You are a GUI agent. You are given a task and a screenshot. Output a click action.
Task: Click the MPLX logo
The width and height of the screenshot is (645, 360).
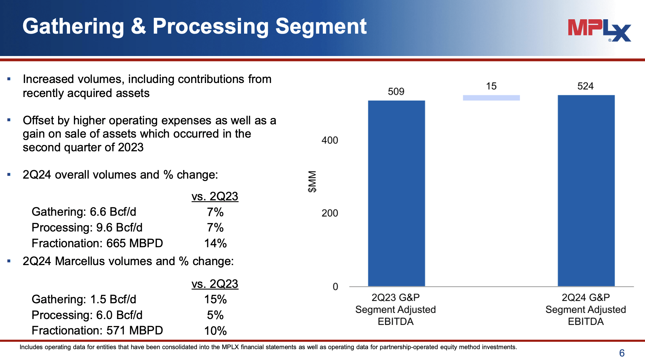point(599,30)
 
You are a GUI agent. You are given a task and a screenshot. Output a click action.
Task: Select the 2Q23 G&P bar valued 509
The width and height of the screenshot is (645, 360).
point(396,193)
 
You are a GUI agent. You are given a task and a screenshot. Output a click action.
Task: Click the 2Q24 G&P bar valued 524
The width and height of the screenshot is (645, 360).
point(586,191)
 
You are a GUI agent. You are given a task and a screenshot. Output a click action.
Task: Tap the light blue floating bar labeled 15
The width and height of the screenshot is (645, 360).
point(491,98)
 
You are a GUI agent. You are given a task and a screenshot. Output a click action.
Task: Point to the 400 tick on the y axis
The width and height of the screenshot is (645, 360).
point(330,140)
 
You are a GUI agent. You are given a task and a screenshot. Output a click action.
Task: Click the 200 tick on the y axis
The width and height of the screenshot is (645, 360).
point(330,213)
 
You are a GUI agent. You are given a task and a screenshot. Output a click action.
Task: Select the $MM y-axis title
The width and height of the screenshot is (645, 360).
point(312,181)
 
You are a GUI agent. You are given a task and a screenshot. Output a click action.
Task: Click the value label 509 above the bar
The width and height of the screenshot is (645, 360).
point(396,92)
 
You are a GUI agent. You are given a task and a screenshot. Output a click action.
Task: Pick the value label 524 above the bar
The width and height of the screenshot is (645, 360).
point(585,86)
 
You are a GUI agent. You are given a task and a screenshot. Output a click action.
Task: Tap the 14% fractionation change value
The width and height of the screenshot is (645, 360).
point(215,243)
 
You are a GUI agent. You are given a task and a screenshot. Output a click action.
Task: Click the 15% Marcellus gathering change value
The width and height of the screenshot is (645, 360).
point(215,299)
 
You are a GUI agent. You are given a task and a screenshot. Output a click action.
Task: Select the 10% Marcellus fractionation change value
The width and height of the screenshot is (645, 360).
point(215,331)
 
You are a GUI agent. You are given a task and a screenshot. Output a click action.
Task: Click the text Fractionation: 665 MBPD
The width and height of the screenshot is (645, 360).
point(97,243)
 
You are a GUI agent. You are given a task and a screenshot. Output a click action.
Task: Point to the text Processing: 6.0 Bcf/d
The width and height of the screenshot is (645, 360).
point(87,315)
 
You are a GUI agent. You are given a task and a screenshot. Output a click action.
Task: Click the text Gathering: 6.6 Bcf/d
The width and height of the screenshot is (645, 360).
point(84,212)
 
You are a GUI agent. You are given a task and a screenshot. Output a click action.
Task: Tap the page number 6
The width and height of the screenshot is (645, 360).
point(622,353)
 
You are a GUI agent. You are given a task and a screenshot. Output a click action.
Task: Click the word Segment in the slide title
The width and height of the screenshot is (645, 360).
point(321,27)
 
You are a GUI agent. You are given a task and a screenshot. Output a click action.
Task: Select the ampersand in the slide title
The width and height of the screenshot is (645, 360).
point(138,27)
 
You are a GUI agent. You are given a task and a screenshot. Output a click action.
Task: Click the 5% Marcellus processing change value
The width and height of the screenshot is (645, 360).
point(215,315)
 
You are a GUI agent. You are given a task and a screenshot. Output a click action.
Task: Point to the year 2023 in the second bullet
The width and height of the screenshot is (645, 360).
point(131,147)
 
